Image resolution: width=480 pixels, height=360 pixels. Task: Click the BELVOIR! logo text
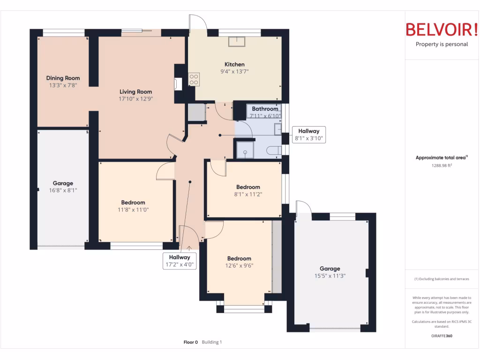click(x=442, y=30)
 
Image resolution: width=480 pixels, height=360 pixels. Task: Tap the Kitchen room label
click(x=234, y=64)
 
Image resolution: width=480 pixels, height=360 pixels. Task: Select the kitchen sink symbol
click(x=237, y=42)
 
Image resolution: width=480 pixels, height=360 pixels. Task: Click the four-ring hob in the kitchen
click(x=194, y=79)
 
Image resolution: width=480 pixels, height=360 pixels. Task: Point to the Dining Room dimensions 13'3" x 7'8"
click(x=63, y=85)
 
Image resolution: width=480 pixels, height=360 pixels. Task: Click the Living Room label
click(x=135, y=91)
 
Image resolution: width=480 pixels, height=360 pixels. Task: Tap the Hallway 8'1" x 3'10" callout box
click(x=309, y=135)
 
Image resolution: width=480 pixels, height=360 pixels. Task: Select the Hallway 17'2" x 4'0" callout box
click(x=180, y=261)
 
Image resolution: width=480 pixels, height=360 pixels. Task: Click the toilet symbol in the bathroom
click(x=274, y=150)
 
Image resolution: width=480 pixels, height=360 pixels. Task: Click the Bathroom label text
click(x=265, y=109)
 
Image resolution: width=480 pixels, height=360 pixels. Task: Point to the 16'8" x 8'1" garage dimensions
click(x=63, y=190)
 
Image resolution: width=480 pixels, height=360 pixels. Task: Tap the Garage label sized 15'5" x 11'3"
click(x=330, y=269)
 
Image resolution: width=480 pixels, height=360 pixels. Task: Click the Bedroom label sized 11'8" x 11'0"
click(x=133, y=202)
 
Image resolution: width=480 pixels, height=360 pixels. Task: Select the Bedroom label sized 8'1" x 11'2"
click(x=248, y=187)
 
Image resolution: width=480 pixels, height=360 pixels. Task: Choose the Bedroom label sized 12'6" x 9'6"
click(x=240, y=258)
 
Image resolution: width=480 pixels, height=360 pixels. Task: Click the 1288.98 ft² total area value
click(x=442, y=165)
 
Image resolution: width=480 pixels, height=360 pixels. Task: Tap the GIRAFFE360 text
click(x=442, y=336)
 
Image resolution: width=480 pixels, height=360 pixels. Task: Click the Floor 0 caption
click(x=191, y=342)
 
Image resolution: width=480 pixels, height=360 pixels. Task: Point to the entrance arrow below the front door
click(x=189, y=248)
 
